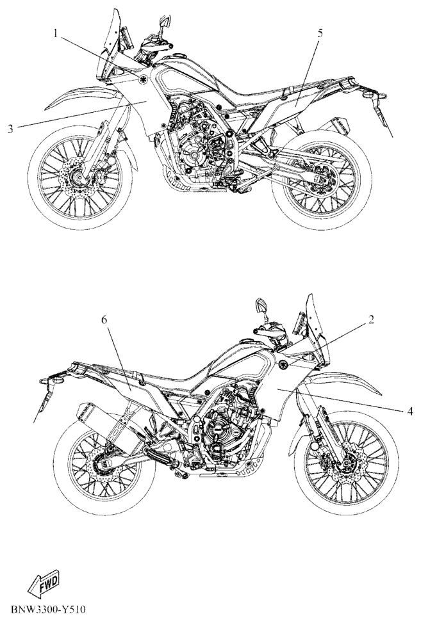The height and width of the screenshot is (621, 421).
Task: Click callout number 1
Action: [x=56, y=35]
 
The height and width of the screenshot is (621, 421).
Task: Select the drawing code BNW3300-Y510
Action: [x=48, y=608]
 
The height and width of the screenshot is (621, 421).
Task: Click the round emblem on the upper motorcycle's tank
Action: [x=142, y=79]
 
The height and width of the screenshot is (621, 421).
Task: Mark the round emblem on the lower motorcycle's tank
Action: [x=280, y=366]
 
